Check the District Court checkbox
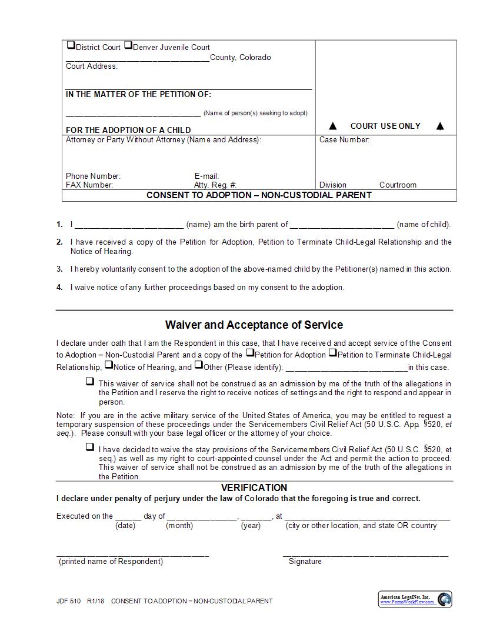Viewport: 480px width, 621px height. click(x=71, y=45)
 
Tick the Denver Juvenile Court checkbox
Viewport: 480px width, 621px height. click(x=128, y=45)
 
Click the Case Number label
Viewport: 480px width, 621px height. click(x=344, y=140)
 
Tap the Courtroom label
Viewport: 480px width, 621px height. click(x=398, y=185)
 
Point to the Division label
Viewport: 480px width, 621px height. click(x=333, y=185)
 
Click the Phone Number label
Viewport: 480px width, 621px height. click(x=93, y=176)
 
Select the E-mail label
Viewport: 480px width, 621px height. click(x=206, y=176)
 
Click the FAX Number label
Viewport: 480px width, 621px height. click(x=89, y=185)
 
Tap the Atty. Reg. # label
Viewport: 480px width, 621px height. click(x=215, y=185)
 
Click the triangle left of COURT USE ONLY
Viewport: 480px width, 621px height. click(x=333, y=126)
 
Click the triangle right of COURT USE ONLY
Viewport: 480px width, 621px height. click(x=440, y=126)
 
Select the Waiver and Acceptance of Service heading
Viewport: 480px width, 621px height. click(x=254, y=325)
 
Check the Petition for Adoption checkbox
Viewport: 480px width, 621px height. click(x=250, y=353)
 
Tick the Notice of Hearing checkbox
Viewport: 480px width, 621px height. click(x=109, y=365)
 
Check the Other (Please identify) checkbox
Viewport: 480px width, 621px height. click(x=199, y=365)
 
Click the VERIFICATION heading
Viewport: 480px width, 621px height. click(x=254, y=488)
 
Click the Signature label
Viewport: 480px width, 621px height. click(x=305, y=562)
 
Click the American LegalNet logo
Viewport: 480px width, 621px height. click(x=415, y=599)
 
